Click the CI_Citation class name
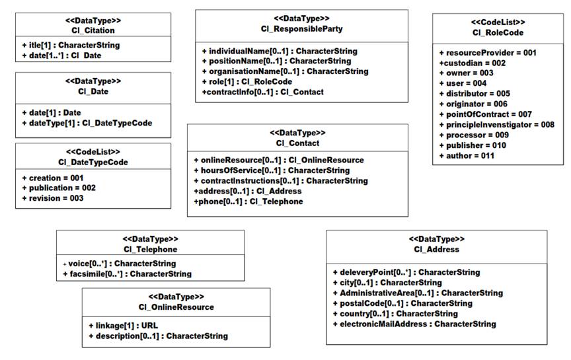point(93,30)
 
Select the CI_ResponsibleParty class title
point(301,29)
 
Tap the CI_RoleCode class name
point(498,33)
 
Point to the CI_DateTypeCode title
point(93,162)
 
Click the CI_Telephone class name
point(151,249)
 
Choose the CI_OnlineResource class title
point(176,307)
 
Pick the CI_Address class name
point(437,249)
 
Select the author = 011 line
point(467,156)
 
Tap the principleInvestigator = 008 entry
point(497,124)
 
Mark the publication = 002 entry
point(59,188)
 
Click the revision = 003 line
point(53,198)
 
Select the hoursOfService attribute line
point(272,170)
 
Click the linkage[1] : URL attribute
point(124,326)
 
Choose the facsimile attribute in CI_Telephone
point(127,273)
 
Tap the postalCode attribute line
point(402,303)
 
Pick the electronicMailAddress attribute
point(414,324)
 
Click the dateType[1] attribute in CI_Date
point(87,123)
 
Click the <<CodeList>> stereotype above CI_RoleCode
point(498,22)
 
